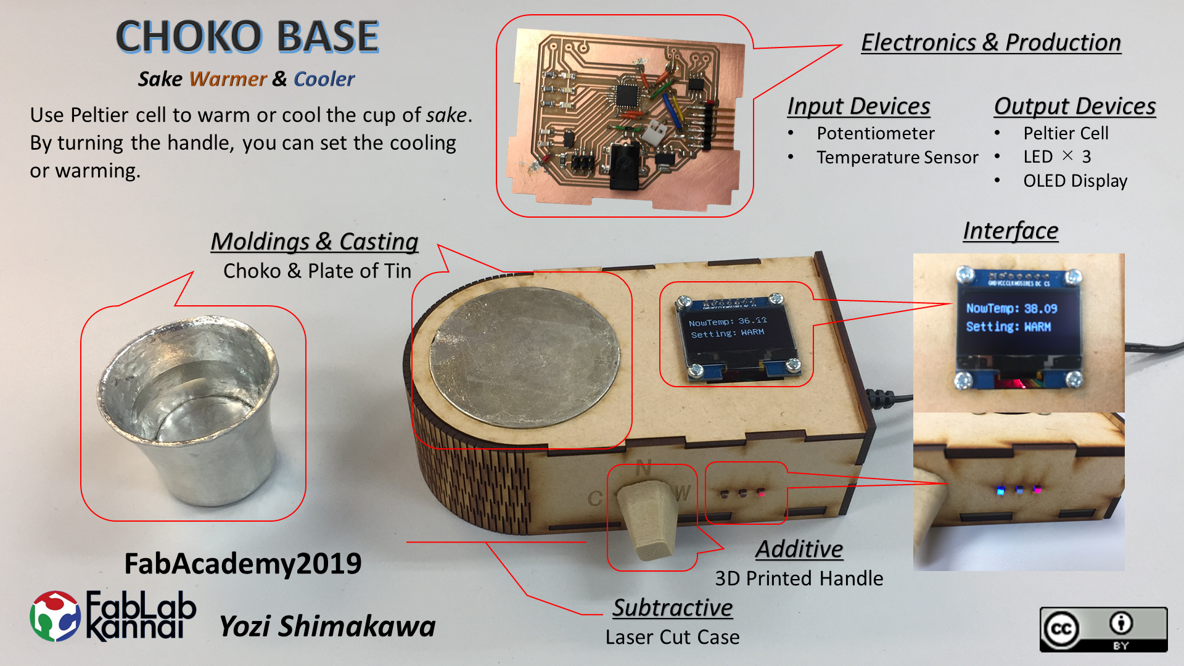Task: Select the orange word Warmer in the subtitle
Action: click(x=228, y=79)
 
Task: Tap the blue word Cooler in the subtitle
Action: click(x=324, y=79)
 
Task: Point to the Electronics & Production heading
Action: click(x=991, y=43)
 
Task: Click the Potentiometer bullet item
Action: click(x=876, y=133)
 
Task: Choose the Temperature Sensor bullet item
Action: click(x=897, y=157)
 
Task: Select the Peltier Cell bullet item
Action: click(x=1066, y=133)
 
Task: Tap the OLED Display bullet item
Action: click(x=1075, y=181)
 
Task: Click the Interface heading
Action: click(x=1011, y=231)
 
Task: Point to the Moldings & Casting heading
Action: click(x=314, y=241)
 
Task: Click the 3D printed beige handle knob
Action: click(x=645, y=519)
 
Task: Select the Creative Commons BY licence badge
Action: click(x=1103, y=629)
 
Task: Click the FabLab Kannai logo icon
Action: click(x=55, y=616)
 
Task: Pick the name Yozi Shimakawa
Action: click(x=327, y=627)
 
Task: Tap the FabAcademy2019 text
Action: click(x=243, y=564)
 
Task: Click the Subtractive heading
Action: click(x=673, y=608)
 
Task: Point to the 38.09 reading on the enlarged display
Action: click(x=1041, y=308)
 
